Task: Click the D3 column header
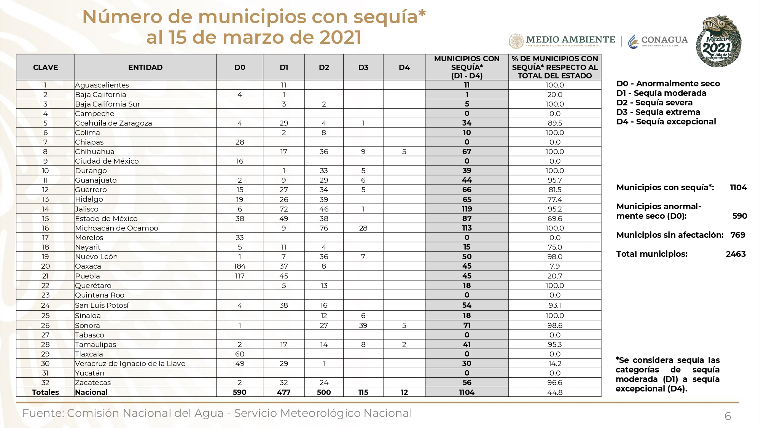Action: pyautogui.click(x=363, y=67)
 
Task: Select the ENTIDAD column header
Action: pyautogui.click(x=145, y=67)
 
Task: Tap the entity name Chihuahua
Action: pyautogui.click(x=95, y=151)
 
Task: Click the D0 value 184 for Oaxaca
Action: pyautogui.click(x=240, y=266)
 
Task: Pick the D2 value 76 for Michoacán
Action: pyautogui.click(x=324, y=228)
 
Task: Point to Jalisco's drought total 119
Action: pyautogui.click(x=467, y=209)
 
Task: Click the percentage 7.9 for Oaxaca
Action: pyautogui.click(x=555, y=266)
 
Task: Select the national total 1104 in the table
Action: pyautogui.click(x=467, y=392)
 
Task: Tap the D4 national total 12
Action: pyautogui.click(x=404, y=392)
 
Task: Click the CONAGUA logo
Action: pyautogui.click(x=658, y=41)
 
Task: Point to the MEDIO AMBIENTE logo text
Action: pyautogui.click(x=570, y=40)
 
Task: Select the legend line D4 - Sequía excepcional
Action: pyautogui.click(x=666, y=121)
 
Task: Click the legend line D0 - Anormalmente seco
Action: pyautogui.click(x=668, y=83)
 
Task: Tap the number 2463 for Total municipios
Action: pyautogui.click(x=736, y=254)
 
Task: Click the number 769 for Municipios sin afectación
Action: pyautogui.click(x=738, y=235)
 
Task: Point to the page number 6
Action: pyautogui.click(x=728, y=416)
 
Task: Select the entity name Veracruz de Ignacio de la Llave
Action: pyautogui.click(x=130, y=363)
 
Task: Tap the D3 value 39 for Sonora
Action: pyautogui.click(x=363, y=325)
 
